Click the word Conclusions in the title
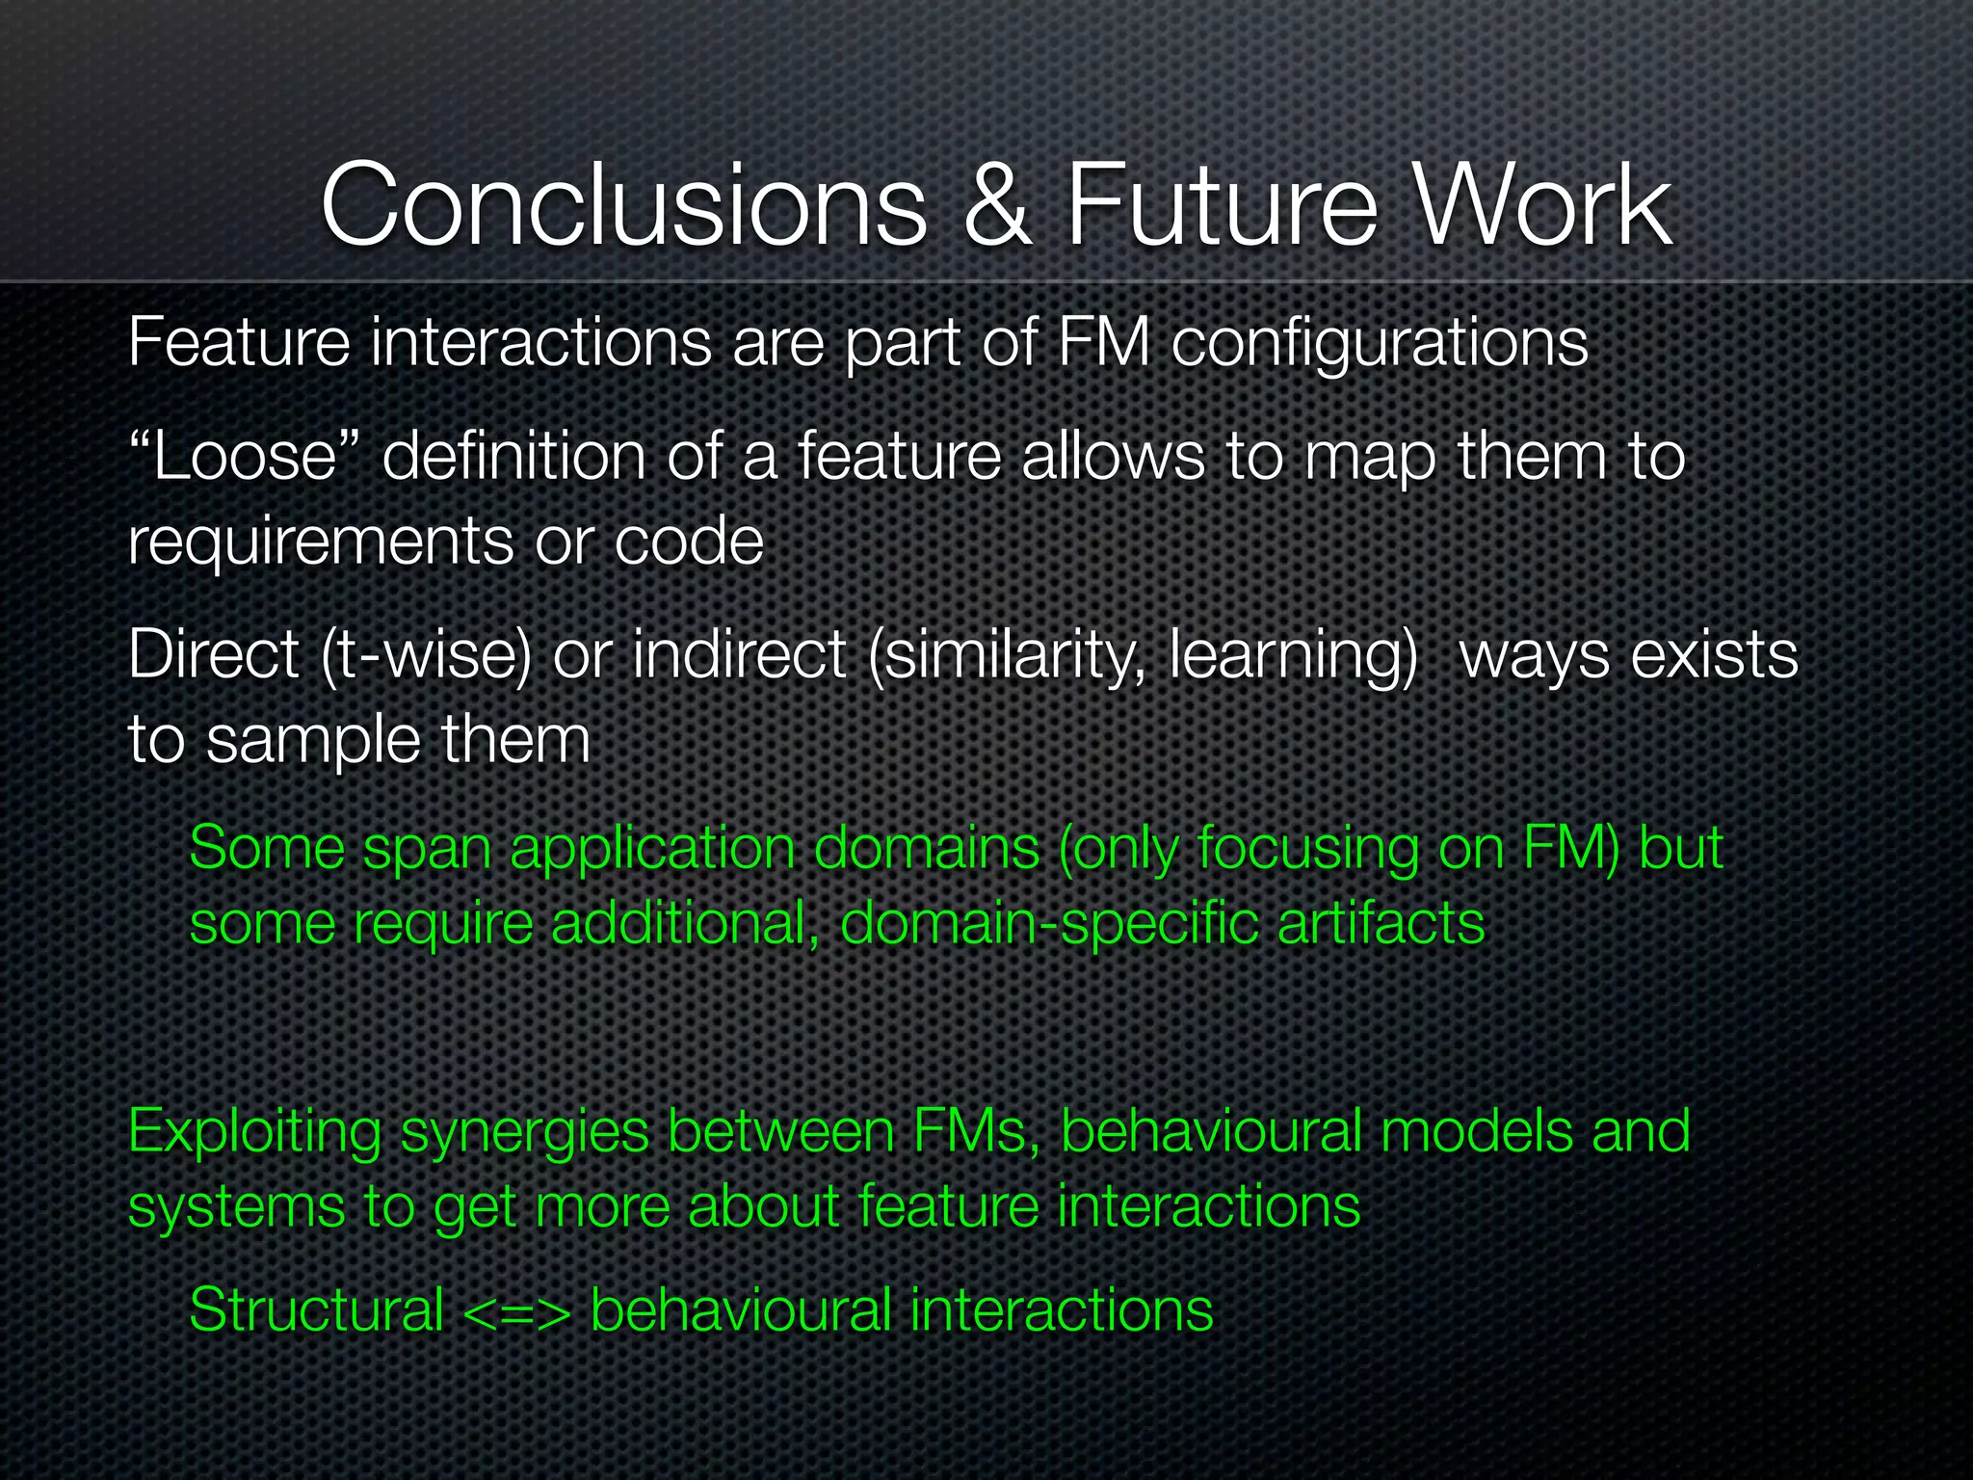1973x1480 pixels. click(623, 205)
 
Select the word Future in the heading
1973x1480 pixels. click(1223, 205)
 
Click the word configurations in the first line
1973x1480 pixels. click(1379, 344)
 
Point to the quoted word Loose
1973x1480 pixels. click(245, 456)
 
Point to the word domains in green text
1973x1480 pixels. click(926, 848)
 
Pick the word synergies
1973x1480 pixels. click(525, 1132)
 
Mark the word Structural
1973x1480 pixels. click(316, 1310)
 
